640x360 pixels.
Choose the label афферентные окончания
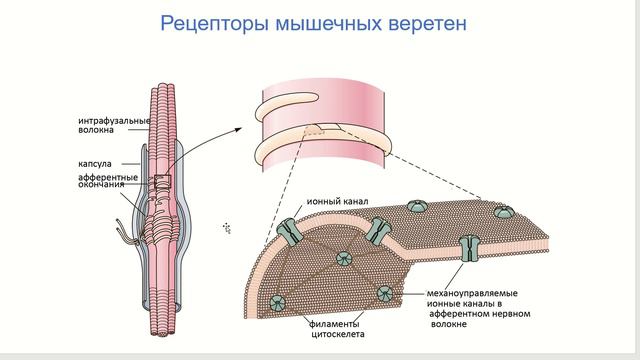coord(108,182)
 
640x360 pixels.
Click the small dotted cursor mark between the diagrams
coord(227,229)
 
